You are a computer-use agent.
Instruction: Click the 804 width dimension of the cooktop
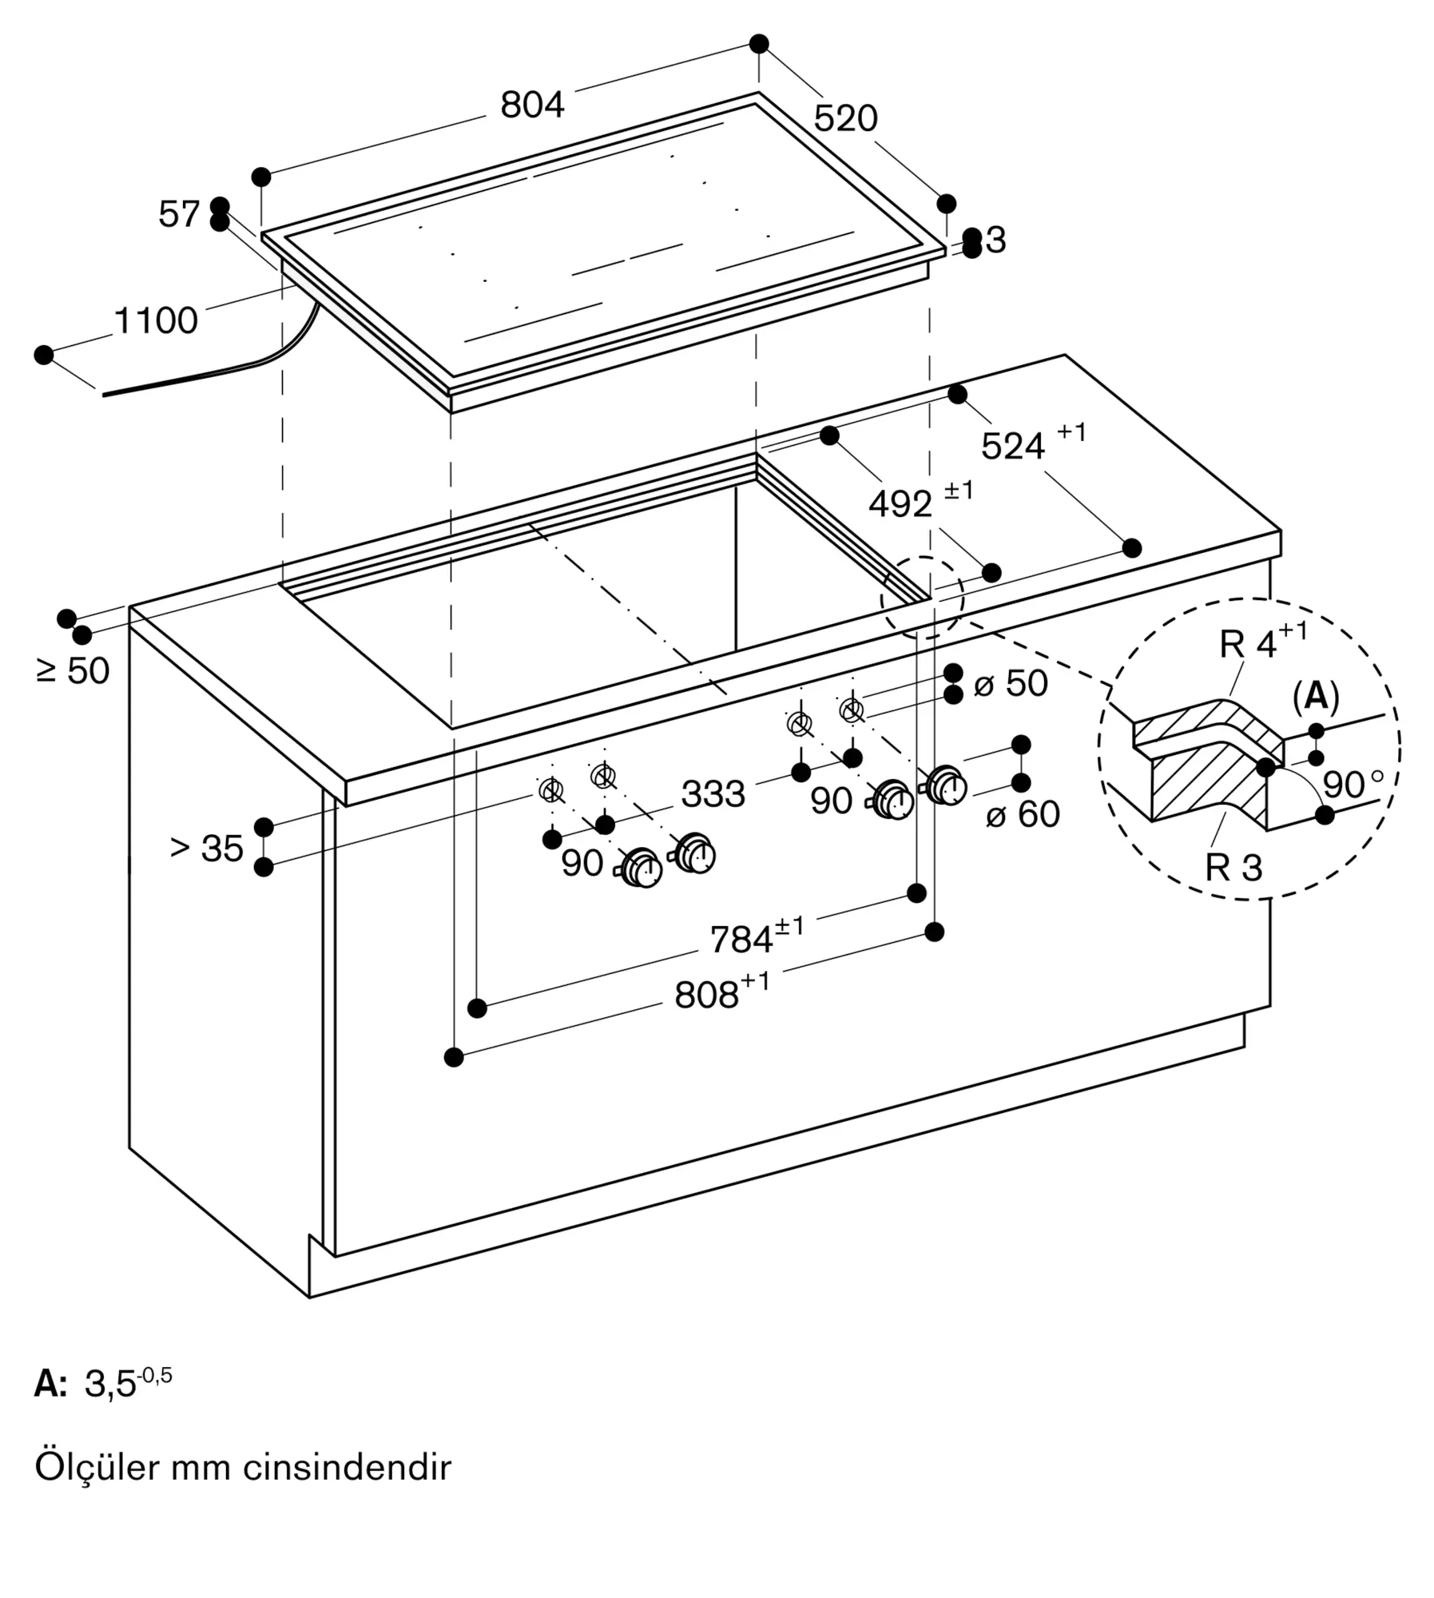point(532,105)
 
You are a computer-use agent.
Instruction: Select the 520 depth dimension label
point(845,119)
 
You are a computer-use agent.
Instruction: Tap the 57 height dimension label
point(179,214)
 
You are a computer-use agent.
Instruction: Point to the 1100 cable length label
point(156,320)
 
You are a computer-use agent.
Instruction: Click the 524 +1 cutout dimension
point(1034,443)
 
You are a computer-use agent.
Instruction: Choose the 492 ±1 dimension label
point(921,501)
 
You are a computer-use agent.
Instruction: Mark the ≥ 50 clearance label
point(73,670)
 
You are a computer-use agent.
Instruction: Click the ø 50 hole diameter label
point(1011,683)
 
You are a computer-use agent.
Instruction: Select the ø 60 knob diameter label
point(1023,814)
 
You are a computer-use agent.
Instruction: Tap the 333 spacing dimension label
point(713,794)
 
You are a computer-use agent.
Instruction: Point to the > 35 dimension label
point(206,848)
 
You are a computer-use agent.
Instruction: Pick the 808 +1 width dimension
point(722,992)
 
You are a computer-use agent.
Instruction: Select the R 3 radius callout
point(1234,868)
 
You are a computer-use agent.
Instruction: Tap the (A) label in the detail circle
point(1316,697)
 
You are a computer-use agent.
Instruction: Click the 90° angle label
point(1353,785)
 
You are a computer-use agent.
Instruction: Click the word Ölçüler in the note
point(94,1467)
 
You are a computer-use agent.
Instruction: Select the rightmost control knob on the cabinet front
point(946,786)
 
